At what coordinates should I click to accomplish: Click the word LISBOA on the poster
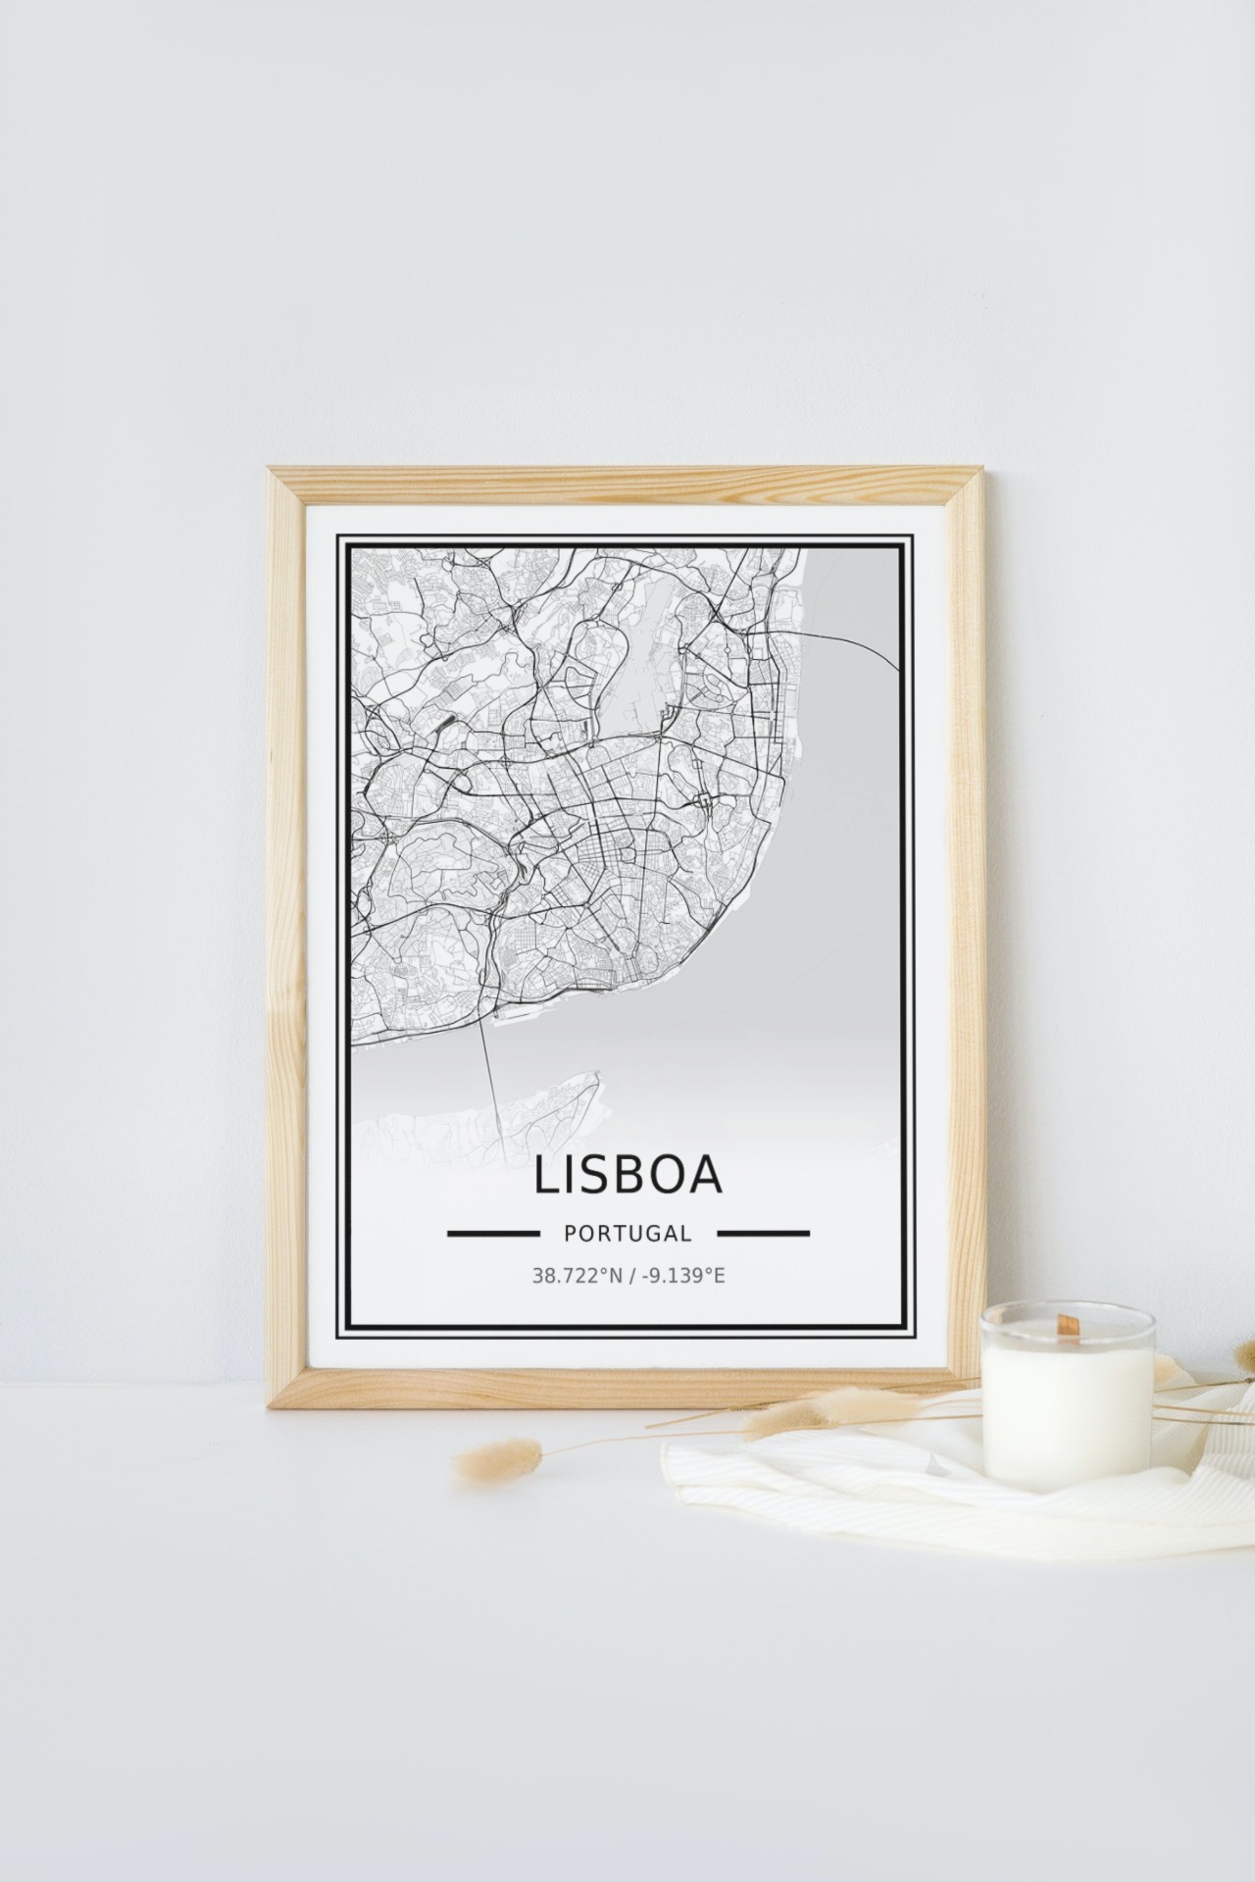[627, 1176]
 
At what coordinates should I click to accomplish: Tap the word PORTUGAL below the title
[627, 1234]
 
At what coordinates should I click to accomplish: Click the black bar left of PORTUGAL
[493, 1233]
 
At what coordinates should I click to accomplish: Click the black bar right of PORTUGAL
[763, 1233]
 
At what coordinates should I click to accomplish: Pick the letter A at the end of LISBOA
[704, 1176]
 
